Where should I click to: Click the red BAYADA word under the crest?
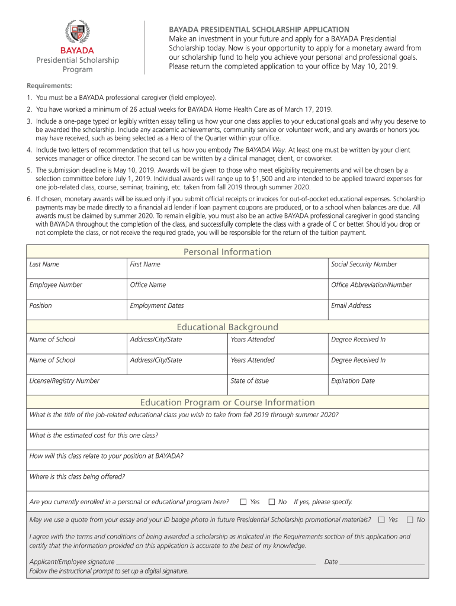(77, 50)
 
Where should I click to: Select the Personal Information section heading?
(227, 252)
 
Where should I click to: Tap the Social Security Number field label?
(364, 265)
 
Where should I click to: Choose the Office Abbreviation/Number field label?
(371, 285)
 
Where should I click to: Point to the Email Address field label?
(351, 306)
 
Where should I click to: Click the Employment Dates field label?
(156, 306)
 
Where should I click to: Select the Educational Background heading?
(227, 327)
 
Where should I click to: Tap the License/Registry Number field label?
(64, 381)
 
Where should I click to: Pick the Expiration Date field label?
(353, 381)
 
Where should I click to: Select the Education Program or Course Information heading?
(227, 402)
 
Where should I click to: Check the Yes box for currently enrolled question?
(243, 502)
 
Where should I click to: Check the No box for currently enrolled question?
(272, 502)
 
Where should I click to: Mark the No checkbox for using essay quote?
(410, 520)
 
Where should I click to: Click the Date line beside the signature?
(382, 562)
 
